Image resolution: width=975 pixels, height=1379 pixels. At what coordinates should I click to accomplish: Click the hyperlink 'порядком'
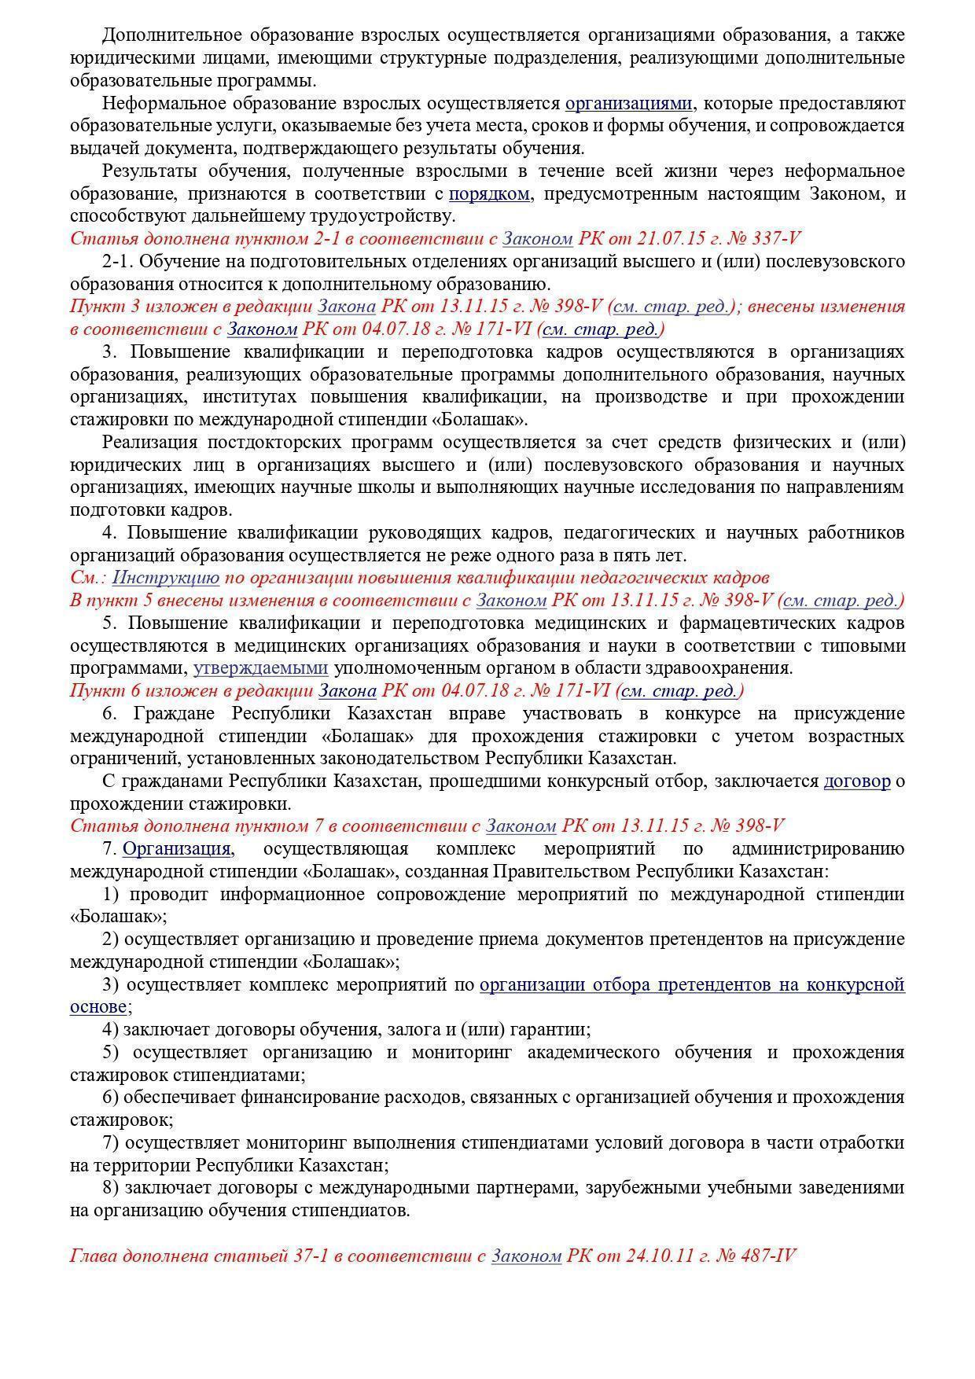click(489, 193)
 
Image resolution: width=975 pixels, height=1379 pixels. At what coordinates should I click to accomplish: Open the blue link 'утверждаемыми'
click(261, 668)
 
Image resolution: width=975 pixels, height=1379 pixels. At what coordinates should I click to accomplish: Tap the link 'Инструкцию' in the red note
click(166, 578)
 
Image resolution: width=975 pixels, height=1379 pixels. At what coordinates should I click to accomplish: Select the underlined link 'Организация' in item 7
click(177, 849)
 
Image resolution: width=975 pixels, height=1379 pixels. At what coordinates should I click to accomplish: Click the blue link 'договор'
click(857, 781)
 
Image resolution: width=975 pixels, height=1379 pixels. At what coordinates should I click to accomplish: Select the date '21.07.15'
click(659, 239)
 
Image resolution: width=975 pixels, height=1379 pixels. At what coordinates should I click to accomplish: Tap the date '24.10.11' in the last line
click(660, 1256)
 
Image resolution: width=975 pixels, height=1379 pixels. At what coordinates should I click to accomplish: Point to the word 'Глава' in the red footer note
click(94, 1256)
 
